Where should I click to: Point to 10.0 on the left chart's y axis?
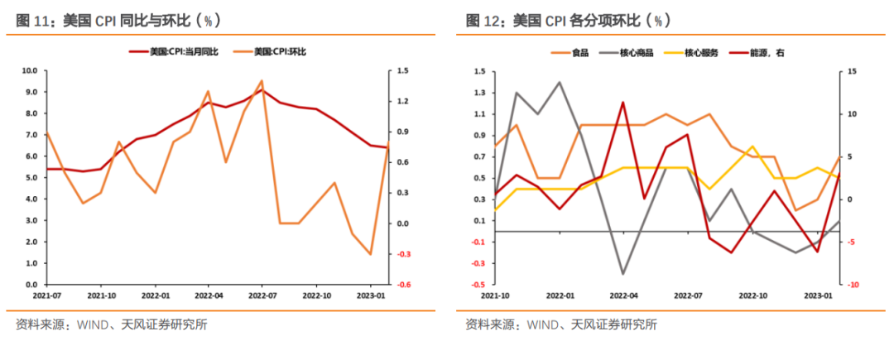[x=30, y=70]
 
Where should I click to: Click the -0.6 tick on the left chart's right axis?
[x=403, y=285]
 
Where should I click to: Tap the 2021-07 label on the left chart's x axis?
[x=46, y=295]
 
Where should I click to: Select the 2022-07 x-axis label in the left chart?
[x=262, y=295]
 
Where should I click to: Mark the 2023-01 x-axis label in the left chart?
[x=371, y=295]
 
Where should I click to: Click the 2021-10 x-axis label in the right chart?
[x=493, y=295]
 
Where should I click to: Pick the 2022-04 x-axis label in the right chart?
[x=622, y=295]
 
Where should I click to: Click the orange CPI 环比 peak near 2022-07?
[x=262, y=81]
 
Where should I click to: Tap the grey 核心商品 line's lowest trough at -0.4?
[x=622, y=273]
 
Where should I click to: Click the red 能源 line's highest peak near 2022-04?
[x=622, y=103]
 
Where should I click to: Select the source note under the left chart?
[x=111, y=324]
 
